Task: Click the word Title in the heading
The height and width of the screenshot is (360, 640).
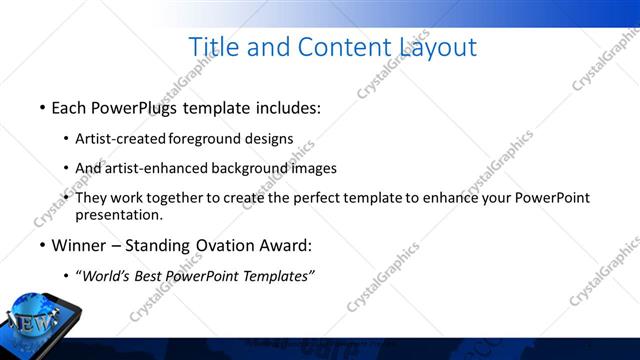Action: click(213, 47)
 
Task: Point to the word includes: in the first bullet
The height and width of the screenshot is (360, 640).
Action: click(287, 106)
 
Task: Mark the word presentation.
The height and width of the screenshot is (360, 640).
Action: click(119, 214)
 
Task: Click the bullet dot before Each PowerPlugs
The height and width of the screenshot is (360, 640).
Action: click(42, 107)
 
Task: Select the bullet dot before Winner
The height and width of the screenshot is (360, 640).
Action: click(42, 245)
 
